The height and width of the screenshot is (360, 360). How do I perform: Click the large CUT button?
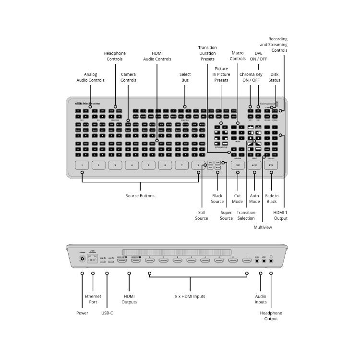(x=238, y=165)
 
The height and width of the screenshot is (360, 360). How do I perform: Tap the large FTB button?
(x=271, y=165)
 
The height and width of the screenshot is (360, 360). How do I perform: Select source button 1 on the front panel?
(x=83, y=165)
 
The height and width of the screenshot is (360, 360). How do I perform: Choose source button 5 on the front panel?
(x=148, y=165)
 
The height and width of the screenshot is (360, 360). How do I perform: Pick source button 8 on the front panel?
(x=198, y=165)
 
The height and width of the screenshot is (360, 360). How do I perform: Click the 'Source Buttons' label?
(x=140, y=196)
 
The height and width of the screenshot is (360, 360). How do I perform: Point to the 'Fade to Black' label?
(x=272, y=199)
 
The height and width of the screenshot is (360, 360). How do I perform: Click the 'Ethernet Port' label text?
(x=93, y=299)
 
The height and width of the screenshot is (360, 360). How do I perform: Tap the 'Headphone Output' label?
(x=271, y=316)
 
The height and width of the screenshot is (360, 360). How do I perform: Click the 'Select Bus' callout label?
(x=185, y=77)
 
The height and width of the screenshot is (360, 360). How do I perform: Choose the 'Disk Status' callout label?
(x=274, y=77)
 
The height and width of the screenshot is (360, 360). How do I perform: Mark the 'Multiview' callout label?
(x=263, y=227)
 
